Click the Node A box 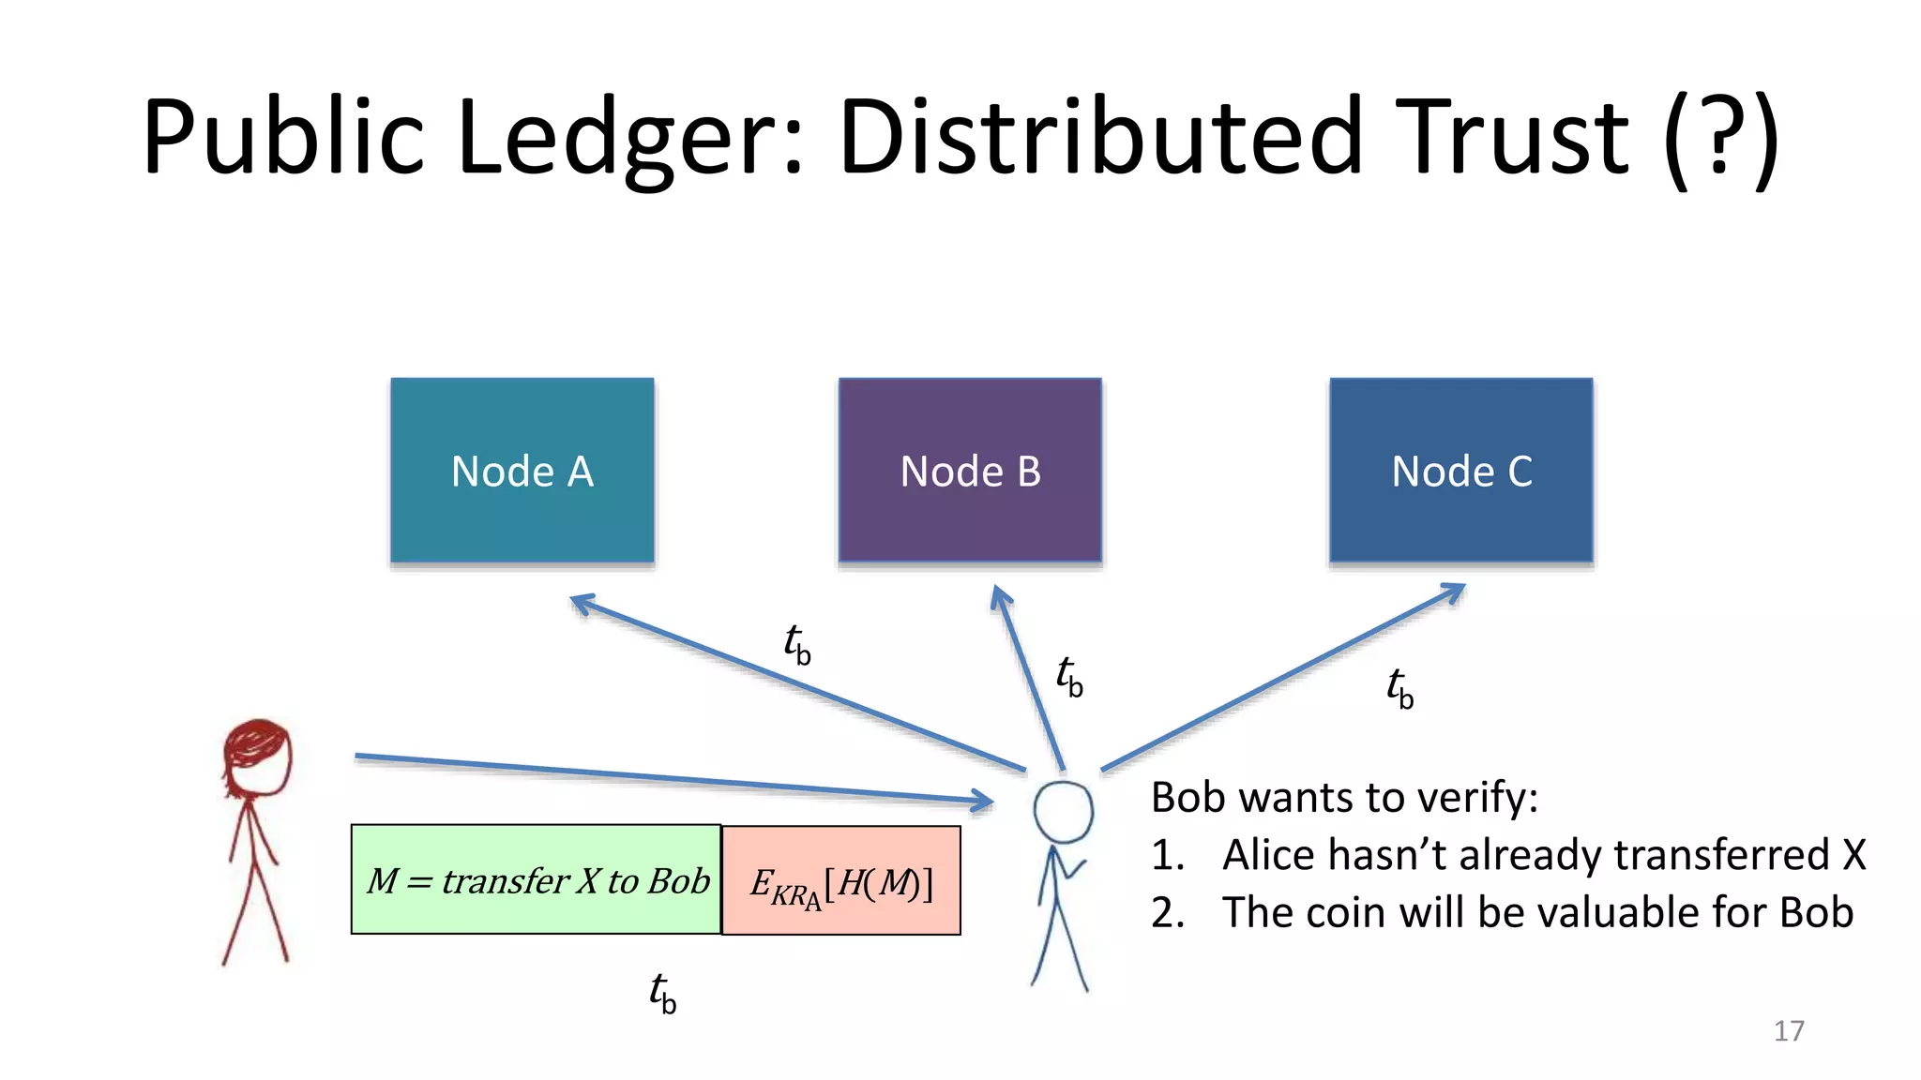point(522,470)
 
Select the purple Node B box point(970,470)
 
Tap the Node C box point(1460,470)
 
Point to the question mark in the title point(1720,139)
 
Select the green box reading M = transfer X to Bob point(536,879)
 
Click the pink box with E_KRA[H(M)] point(841,880)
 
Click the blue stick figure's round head point(1063,811)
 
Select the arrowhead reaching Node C point(1454,592)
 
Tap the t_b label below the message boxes point(662,993)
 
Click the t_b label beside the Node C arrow point(1399,688)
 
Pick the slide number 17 point(1788,1030)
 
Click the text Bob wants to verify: point(1344,797)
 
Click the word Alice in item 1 point(1269,855)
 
